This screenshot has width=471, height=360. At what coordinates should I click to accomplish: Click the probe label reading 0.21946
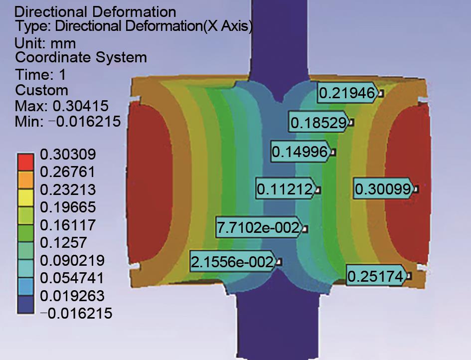pos(348,93)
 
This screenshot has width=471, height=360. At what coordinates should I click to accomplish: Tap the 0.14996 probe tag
pos(301,152)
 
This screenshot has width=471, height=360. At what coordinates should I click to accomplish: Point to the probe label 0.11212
pos(286,188)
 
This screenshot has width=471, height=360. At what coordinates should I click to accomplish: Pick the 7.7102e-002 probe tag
pos(260,227)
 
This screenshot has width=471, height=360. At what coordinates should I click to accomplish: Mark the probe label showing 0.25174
pos(376,275)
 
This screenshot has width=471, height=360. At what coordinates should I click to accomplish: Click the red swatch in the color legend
pos(25,162)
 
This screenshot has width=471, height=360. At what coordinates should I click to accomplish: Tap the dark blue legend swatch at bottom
pos(25,305)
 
